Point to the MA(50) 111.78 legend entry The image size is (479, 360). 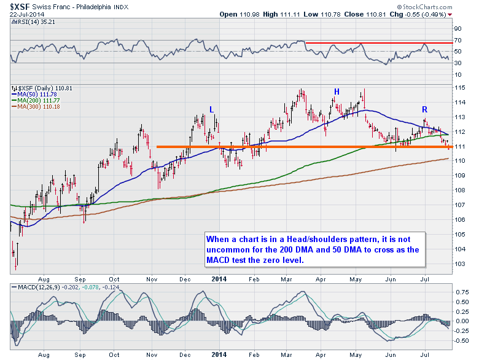click(33, 94)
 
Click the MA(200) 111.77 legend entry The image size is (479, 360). click(34, 100)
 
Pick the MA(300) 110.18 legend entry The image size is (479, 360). click(34, 106)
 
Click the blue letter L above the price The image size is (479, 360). click(211, 109)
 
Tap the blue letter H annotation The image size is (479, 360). click(336, 92)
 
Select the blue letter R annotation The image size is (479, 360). click(424, 109)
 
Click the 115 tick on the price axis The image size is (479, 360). click(458, 87)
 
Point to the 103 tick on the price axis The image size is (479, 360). click(458, 263)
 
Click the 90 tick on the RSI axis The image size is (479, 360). click(457, 28)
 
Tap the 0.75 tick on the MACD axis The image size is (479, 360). click(459, 291)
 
